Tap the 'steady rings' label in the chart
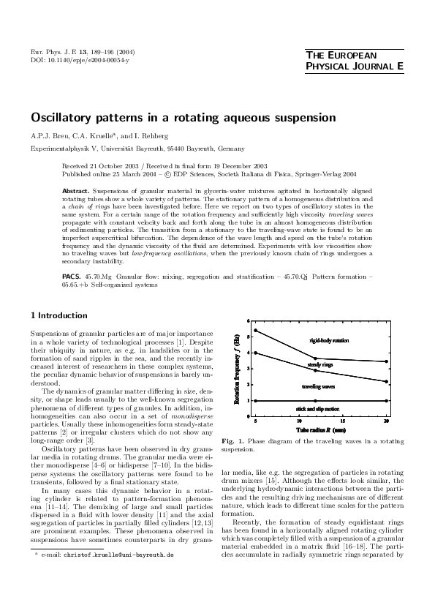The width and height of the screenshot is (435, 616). click(x=320, y=364)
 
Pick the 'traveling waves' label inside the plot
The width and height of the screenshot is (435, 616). click(x=319, y=386)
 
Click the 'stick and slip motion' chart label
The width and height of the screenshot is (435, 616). click(x=317, y=408)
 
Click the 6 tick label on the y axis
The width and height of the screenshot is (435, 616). click(x=249, y=321)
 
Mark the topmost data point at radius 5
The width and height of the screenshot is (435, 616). click(x=255, y=331)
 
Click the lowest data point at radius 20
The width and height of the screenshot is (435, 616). click(x=386, y=401)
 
